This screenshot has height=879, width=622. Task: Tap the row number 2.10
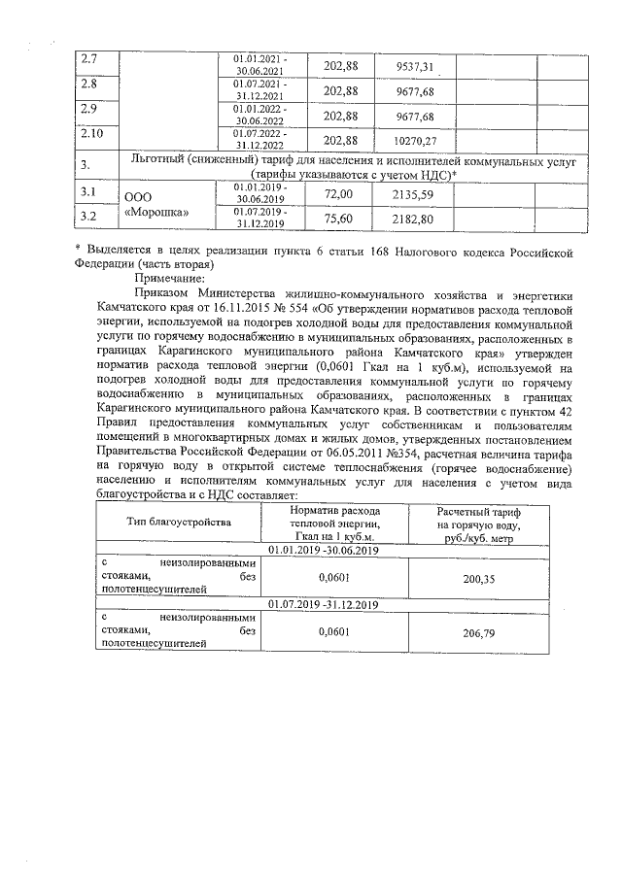pyautogui.click(x=93, y=133)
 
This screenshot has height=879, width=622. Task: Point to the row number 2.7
pyautogui.click(x=90, y=60)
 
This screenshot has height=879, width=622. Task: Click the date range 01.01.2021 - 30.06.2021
pyautogui.click(x=259, y=66)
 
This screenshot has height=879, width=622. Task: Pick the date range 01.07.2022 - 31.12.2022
pyautogui.click(x=259, y=139)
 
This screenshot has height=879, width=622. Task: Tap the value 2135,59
pyautogui.click(x=414, y=194)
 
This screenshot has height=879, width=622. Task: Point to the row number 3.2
pyautogui.click(x=90, y=215)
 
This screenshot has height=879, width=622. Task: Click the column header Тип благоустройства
pyautogui.click(x=180, y=523)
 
